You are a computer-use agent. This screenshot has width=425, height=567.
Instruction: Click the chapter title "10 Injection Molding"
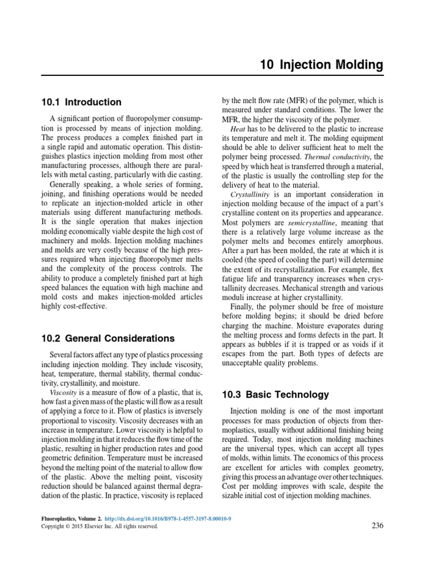pyautogui.click(x=321, y=65)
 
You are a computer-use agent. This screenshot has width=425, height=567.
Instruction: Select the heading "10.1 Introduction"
pyautogui.click(x=81, y=102)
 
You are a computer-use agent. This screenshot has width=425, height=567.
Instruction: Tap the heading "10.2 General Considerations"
pyautogui.click(x=108, y=338)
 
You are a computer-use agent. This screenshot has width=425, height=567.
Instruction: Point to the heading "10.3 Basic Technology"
pyautogui.click(x=275, y=395)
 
